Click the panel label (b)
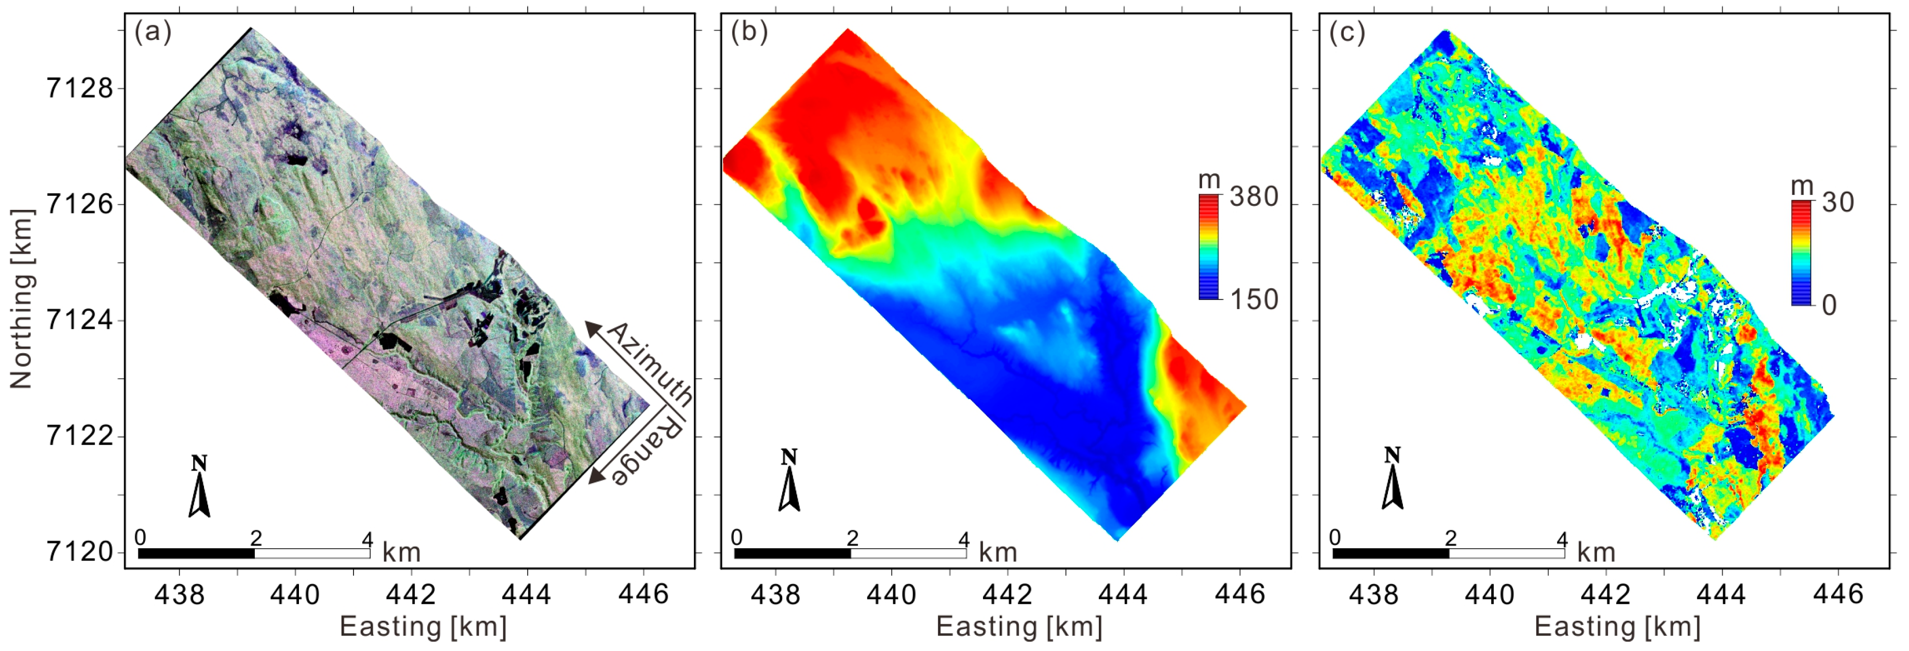point(749,33)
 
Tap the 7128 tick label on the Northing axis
point(80,89)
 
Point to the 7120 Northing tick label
point(80,552)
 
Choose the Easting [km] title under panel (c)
point(1617,627)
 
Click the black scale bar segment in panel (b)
point(792,553)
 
